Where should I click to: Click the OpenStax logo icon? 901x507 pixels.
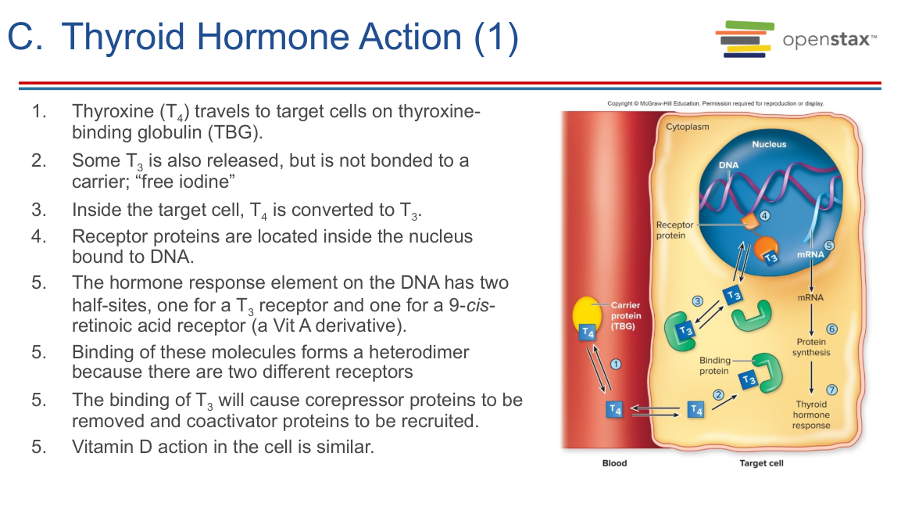coord(744,39)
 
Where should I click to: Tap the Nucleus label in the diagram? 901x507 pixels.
coord(769,145)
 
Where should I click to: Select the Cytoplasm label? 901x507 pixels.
coord(687,127)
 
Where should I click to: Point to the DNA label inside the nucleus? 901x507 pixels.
coord(728,165)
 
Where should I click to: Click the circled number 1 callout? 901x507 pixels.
coord(616,365)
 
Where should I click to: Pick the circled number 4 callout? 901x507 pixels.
coord(765,216)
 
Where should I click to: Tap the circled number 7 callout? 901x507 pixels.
coord(831,390)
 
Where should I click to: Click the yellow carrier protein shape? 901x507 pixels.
coord(587,313)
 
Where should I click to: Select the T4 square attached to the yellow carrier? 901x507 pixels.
coord(588,333)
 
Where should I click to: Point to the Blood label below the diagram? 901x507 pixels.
coord(614,463)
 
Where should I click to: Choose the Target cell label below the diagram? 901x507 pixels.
coord(761,463)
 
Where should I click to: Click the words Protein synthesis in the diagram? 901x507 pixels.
coord(811,347)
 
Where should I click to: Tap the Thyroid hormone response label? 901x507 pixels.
coord(811,415)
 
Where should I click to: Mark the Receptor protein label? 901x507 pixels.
coord(674,230)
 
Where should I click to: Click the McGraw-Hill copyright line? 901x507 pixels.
coord(715,103)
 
